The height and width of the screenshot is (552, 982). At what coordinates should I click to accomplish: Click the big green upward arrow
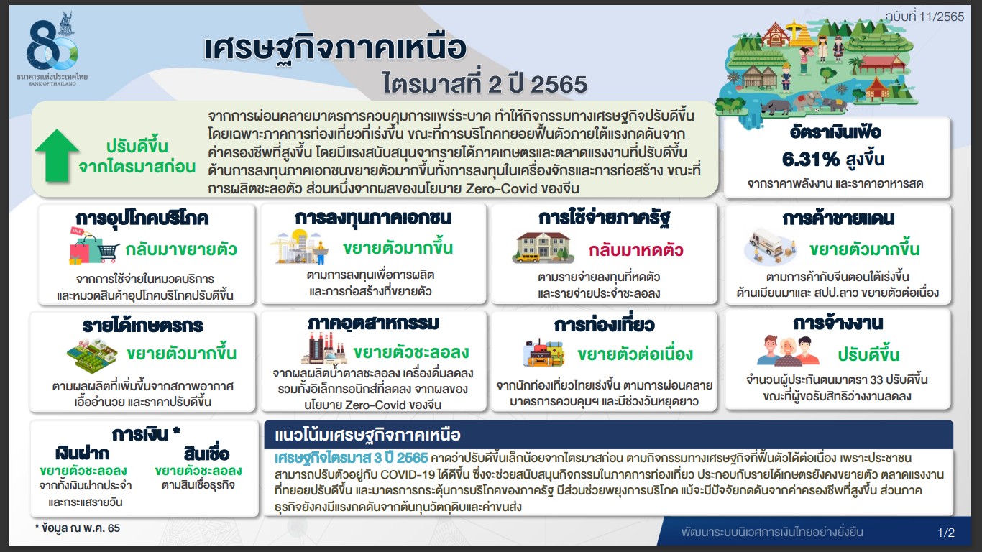tap(57, 155)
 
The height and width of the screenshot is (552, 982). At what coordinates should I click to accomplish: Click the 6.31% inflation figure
tap(810, 160)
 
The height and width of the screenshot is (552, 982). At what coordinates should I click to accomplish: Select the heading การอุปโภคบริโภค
tap(142, 218)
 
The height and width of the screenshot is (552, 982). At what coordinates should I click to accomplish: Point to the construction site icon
tap(299, 248)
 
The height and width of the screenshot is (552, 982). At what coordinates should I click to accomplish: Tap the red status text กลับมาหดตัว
tap(635, 250)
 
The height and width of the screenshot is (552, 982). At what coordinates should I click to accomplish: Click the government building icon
tap(543, 248)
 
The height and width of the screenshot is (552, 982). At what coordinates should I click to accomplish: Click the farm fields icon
tap(92, 356)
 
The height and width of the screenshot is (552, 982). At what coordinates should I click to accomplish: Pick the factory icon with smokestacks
tap(324, 349)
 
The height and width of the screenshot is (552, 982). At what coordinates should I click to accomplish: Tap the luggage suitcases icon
tap(543, 352)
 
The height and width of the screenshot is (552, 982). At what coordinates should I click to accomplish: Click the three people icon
tap(788, 351)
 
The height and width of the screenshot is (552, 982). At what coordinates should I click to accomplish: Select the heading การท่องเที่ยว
tap(604, 325)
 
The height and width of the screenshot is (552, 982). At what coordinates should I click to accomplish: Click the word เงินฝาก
tap(83, 454)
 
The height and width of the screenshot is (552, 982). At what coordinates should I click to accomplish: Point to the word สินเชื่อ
tap(206, 453)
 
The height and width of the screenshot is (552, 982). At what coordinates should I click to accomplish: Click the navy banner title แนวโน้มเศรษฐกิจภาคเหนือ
tap(367, 435)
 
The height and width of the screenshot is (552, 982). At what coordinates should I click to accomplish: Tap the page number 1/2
tap(946, 533)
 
